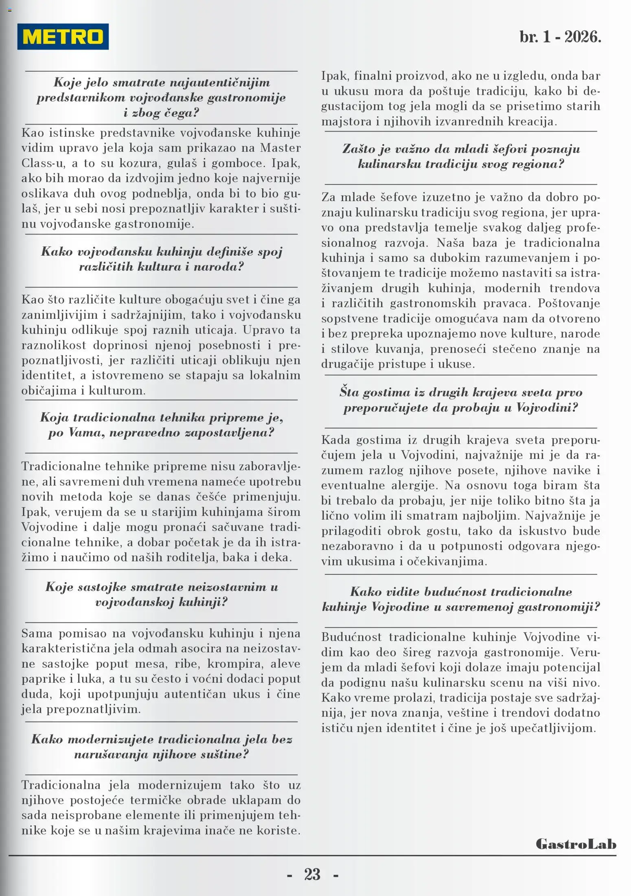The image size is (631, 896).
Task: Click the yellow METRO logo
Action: (63, 37)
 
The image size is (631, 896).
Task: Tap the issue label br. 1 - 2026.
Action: (560, 37)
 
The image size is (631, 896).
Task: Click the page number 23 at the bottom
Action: (312, 874)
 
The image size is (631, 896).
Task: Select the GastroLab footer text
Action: (576, 844)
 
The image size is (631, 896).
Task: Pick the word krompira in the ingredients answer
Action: (235, 664)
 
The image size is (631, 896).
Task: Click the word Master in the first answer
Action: (280, 148)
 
